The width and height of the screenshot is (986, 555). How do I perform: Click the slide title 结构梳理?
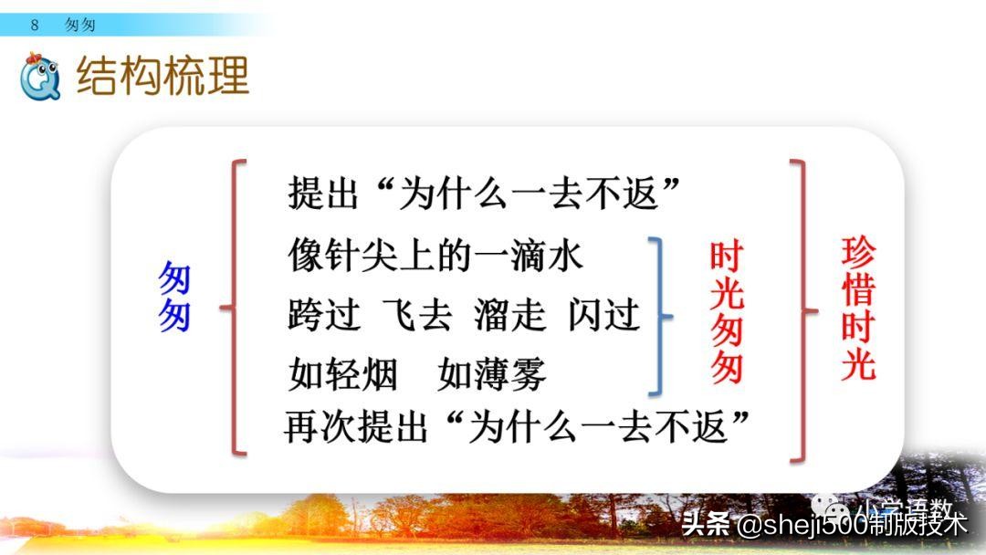(x=163, y=77)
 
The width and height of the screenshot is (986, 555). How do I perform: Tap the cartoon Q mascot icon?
(x=39, y=76)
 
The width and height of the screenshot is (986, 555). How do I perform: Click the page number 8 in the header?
(x=35, y=26)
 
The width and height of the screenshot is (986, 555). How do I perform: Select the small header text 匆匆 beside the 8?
(x=80, y=26)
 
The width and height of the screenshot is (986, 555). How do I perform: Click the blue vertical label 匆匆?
(x=174, y=298)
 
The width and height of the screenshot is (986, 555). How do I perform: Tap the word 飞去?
(x=417, y=316)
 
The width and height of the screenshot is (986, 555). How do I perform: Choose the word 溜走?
(x=509, y=316)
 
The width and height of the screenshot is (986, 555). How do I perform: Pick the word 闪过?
(x=603, y=316)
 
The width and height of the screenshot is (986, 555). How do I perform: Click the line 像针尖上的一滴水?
(x=435, y=256)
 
